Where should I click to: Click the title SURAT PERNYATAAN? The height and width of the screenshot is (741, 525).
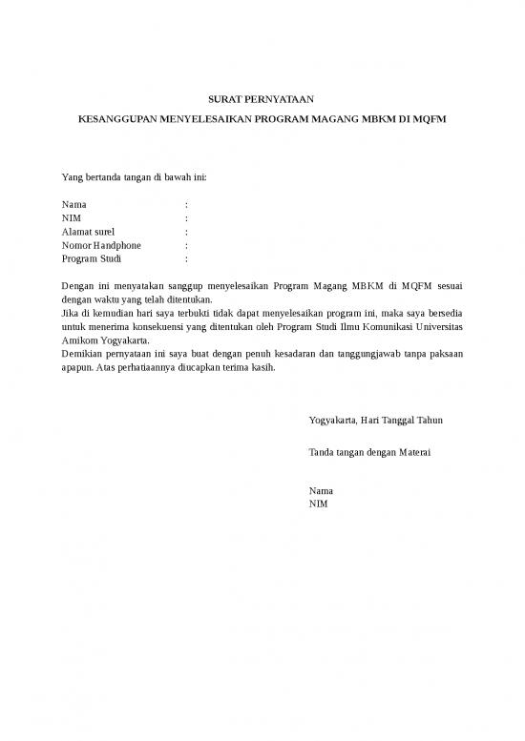point(261,98)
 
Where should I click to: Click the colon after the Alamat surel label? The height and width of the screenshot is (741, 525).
point(186,232)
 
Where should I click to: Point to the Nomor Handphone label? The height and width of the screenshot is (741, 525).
point(101,245)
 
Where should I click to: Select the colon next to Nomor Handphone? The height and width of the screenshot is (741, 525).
point(186,245)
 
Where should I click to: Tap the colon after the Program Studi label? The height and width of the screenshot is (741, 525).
point(186,258)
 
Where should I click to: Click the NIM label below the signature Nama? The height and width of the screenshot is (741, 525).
point(319,503)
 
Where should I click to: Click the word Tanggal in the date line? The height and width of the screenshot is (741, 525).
point(398,420)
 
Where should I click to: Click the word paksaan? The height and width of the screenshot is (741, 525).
point(445,352)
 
